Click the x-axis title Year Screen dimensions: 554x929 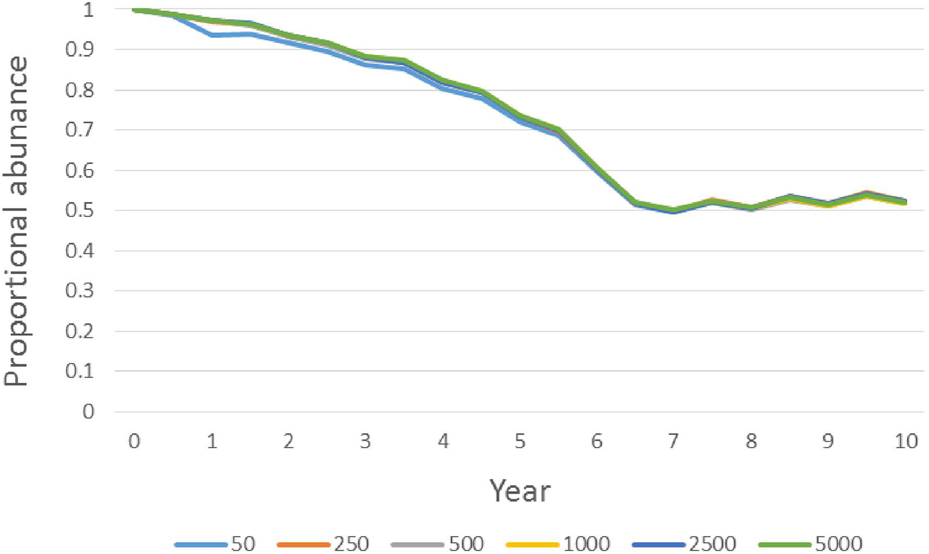[520, 491]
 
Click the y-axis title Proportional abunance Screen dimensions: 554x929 [17, 222]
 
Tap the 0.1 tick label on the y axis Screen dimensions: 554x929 [80, 371]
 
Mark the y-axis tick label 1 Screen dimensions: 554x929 [89, 10]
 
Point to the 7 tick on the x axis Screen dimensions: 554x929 [674, 441]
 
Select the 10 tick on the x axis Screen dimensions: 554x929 [905, 441]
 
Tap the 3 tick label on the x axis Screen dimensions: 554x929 [365, 441]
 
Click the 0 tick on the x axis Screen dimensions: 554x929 [134, 441]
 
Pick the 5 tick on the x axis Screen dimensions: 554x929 [520, 441]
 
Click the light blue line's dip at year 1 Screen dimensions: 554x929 [212, 35]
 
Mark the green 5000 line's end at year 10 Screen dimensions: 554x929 [905, 202]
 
